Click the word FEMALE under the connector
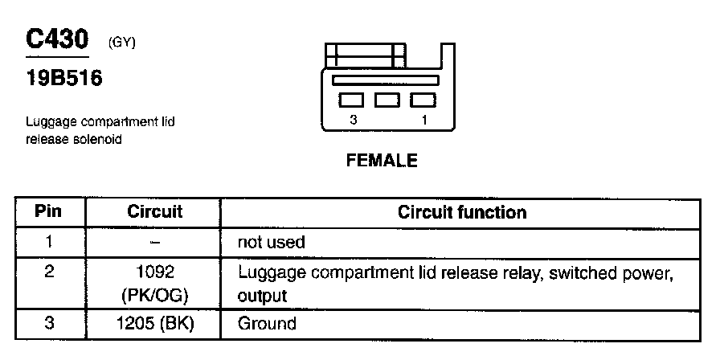point(382,161)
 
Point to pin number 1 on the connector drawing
point(423,119)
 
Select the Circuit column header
point(154,212)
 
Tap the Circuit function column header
point(462,212)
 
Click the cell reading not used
point(272,242)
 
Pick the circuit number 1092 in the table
point(155,272)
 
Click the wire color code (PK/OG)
point(155,295)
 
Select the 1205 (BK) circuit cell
point(155,324)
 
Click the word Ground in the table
point(267,324)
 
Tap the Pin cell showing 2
point(50,272)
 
